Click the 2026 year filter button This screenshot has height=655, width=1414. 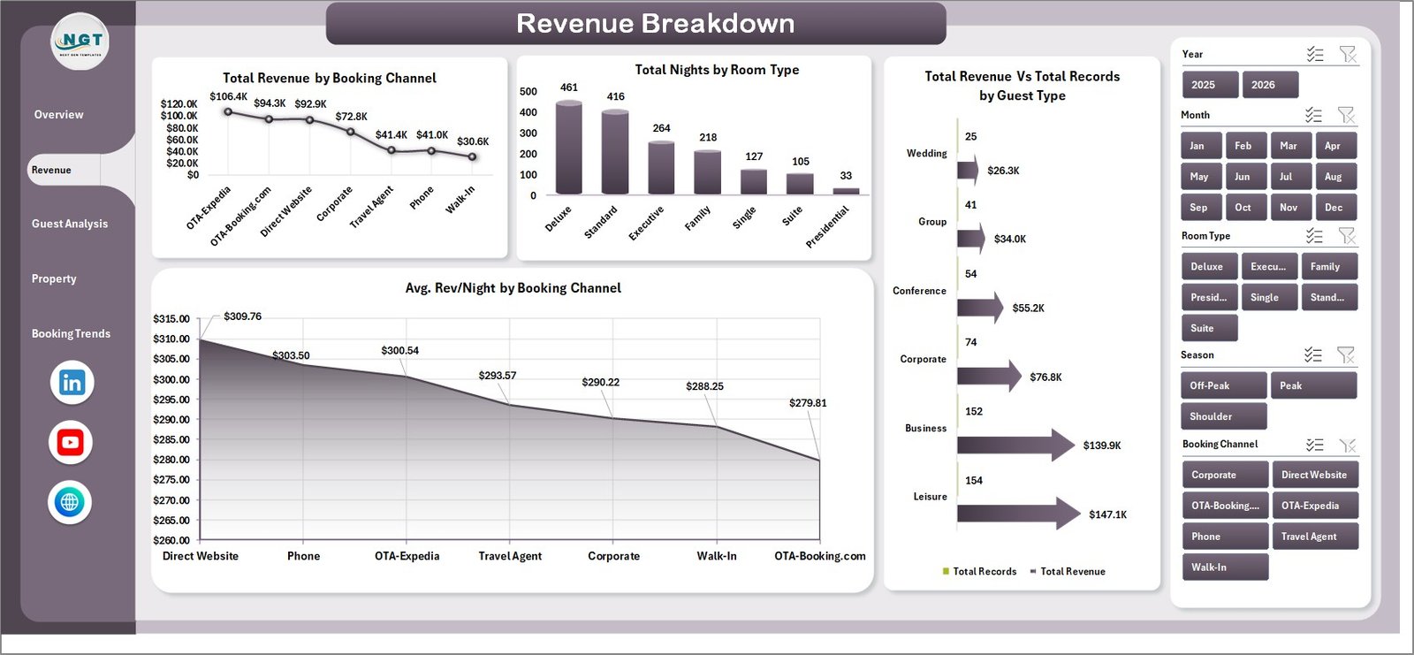point(1270,85)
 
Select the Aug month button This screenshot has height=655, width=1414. point(1333,177)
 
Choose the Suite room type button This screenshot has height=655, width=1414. point(1209,328)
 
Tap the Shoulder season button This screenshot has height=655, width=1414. point(1223,416)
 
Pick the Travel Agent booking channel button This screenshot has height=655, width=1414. point(1313,537)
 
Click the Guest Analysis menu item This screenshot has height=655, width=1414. point(70,224)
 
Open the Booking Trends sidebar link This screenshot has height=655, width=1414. point(71,333)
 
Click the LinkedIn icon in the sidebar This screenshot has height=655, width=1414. point(72,383)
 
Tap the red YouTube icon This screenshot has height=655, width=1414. point(71,442)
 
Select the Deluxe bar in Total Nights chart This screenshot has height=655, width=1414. point(568,148)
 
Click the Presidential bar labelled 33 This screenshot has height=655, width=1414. point(846,190)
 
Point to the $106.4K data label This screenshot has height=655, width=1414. point(228,96)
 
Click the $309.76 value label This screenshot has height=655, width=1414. point(242,316)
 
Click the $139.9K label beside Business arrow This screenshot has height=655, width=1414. point(1101,446)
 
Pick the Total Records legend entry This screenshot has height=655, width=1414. point(980,572)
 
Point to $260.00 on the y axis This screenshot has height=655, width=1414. point(171,540)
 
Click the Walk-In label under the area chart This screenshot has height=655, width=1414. point(716,556)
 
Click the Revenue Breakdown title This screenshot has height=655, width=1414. point(655,24)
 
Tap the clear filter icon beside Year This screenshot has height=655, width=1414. point(1348,55)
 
